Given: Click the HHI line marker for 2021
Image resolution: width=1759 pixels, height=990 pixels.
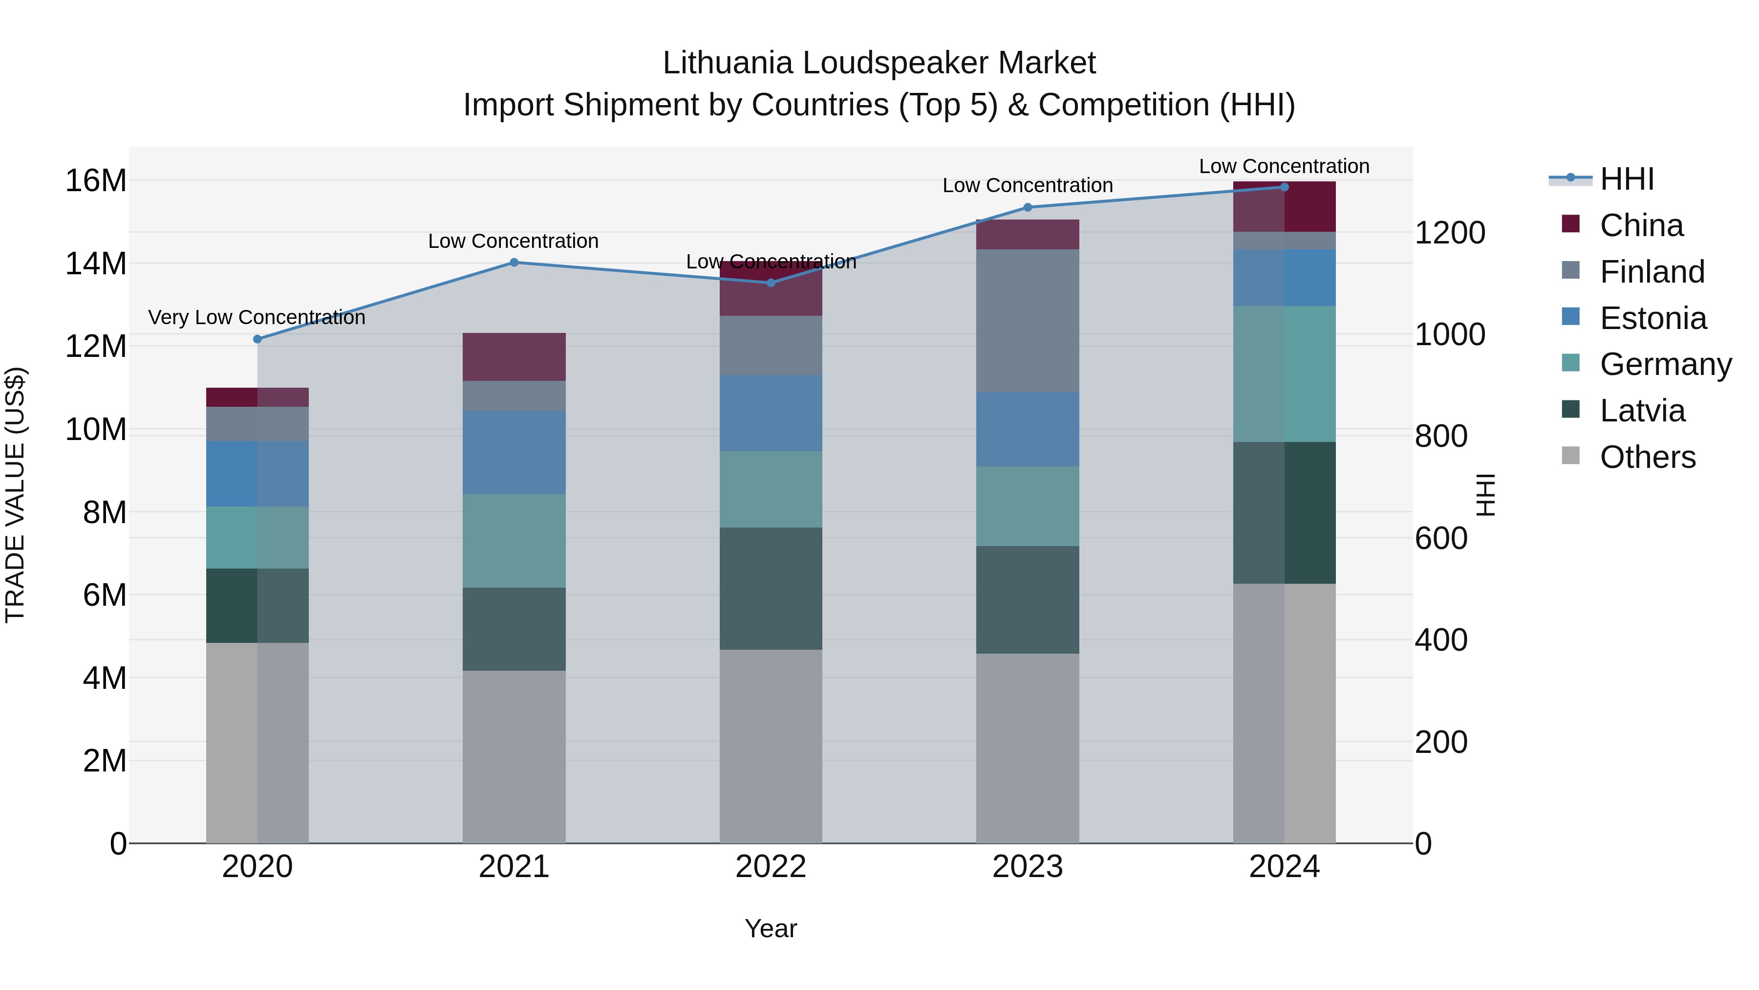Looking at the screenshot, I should pos(514,263).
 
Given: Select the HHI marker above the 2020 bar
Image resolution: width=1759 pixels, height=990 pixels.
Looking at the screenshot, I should pos(257,339).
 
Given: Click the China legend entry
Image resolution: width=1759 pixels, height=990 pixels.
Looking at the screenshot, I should pos(1641,225).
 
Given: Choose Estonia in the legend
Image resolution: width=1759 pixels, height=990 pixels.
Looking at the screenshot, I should pos(1652,318).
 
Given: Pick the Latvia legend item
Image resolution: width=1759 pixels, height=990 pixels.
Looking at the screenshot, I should pos(1642,411).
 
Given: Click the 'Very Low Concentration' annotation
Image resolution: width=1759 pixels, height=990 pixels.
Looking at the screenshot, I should pos(257,318).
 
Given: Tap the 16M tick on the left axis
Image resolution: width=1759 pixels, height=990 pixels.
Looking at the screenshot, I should pos(96,181).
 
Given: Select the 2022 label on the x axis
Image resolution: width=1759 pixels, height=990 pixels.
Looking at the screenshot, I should pos(771,867).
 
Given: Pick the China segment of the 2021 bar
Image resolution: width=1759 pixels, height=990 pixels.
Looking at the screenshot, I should pos(514,357).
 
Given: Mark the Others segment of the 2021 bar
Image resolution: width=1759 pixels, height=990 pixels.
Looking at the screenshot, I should pos(514,756).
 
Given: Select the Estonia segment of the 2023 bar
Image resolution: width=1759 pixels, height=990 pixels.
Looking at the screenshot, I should pos(1028,429).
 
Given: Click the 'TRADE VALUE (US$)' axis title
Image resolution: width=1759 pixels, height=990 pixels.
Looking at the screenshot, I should pos(15,495).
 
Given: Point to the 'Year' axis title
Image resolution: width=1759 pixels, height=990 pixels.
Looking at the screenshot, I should pos(771,928).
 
